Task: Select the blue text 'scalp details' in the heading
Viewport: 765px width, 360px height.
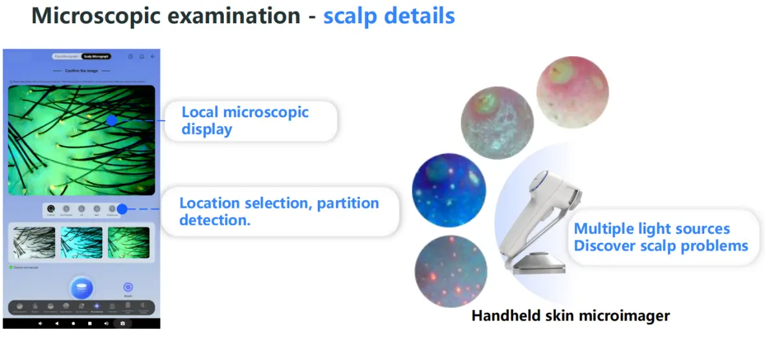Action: coord(388,16)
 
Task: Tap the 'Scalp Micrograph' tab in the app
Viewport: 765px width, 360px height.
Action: coord(96,57)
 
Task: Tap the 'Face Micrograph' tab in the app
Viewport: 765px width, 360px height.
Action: coord(66,57)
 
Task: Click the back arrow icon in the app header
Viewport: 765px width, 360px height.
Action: coord(153,57)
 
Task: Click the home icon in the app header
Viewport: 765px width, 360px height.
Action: coord(142,57)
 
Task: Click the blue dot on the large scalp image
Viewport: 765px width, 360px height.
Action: coord(111,120)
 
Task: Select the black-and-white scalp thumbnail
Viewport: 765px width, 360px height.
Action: coord(34,242)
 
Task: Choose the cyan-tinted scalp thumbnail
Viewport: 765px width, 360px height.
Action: coord(82,242)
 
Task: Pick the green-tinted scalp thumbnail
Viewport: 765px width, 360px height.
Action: coord(129,242)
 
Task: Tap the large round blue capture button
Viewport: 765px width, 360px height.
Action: coord(82,287)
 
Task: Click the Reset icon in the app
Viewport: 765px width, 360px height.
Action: coord(128,287)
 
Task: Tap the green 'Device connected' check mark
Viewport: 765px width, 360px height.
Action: coord(11,267)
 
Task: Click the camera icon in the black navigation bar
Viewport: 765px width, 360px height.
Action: coord(122,323)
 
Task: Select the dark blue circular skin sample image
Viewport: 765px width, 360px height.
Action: coord(449,190)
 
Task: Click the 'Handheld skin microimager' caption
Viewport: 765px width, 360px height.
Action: coord(570,316)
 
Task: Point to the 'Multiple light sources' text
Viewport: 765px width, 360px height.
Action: coord(651,229)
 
